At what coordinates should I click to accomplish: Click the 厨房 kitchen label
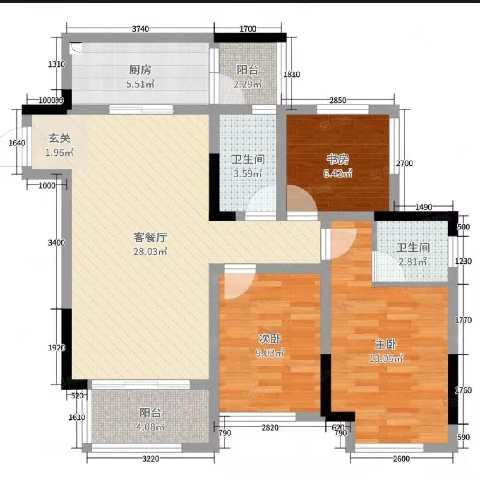[x=140, y=70]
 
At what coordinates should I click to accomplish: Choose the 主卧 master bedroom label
[x=385, y=344]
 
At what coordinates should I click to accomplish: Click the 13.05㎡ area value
[x=386, y=358]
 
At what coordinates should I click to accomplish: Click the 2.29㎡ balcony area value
[x=248, y=83]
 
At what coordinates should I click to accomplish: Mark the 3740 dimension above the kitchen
[x=140, y=29]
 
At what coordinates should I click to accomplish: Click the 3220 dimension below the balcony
[x=150, y=459]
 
